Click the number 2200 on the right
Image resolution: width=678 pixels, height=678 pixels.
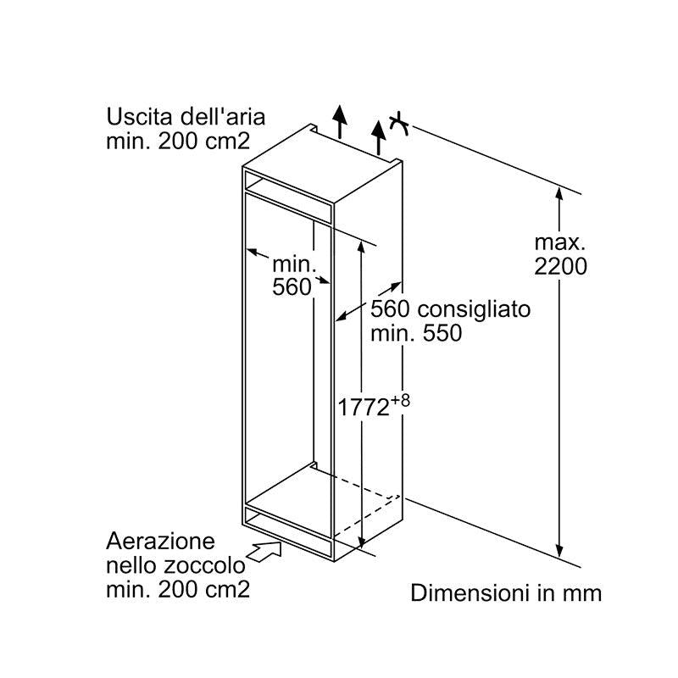click(x=560, y=266)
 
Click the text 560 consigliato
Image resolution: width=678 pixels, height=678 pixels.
click(x=450, y=309)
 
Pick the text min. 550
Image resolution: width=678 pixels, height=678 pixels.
click(x=416, y=333)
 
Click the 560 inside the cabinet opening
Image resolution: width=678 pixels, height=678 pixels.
click(x=292, y=287)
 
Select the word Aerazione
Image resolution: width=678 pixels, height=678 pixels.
click(x=161, y=541)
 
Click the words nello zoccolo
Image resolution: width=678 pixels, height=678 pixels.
click(x=175, y=565)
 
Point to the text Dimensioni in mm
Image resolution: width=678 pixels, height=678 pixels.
click(x=506, y=592)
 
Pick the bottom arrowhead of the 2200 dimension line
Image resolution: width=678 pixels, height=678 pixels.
click(x=559, y=552)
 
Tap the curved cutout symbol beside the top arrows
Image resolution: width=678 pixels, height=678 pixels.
click(x=400, y=125)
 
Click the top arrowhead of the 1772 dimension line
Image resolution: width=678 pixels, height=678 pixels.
click(x=362, y=246)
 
